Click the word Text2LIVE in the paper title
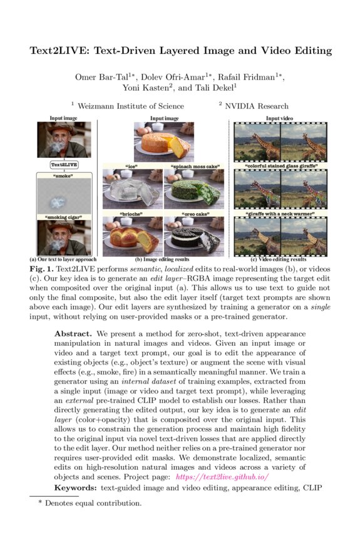tap(60, 50)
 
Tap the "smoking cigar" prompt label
tap(64, 217)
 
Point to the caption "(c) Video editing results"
tap(279, 259)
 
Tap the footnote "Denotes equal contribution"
tap(93, 502)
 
